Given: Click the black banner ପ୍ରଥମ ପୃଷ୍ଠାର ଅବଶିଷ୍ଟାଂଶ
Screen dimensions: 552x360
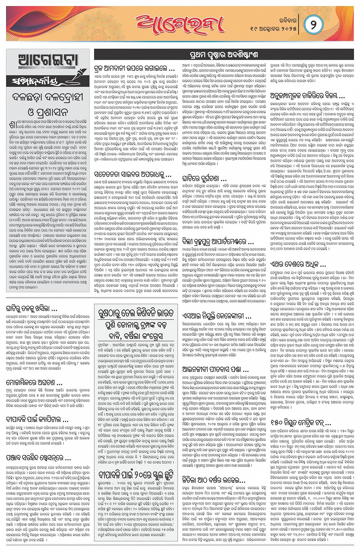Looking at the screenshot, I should point(223,55).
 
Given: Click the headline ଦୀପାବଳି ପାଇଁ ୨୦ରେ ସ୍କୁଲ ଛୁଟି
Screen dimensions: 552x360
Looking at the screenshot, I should point(136,474).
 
